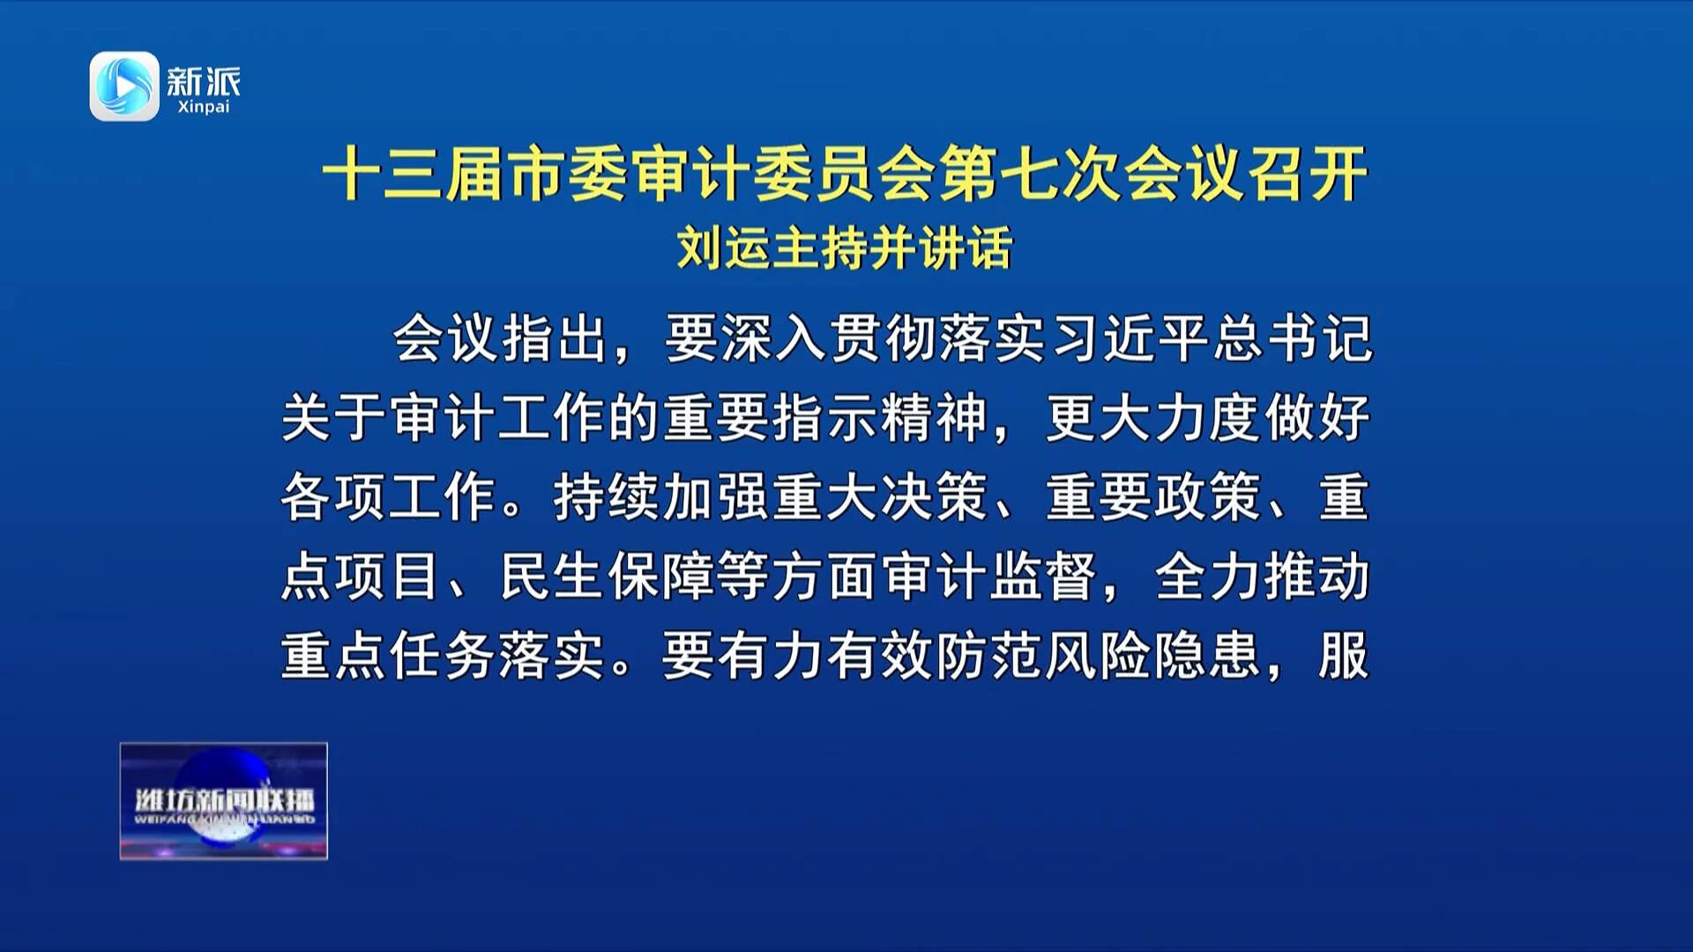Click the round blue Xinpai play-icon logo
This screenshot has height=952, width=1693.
[x=124, y=86]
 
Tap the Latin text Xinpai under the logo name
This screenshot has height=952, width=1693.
[x=204, y=108]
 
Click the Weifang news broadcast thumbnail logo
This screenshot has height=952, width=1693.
[x=224, y=800]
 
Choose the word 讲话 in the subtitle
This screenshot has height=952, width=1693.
[x=966, y=248]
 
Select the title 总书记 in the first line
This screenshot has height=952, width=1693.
[x=1293, y=338]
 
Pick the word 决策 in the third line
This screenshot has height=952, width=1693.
[x=935, y=497]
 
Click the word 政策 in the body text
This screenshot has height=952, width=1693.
[x=1208, y=497]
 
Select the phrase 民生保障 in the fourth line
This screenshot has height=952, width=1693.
[x=608, y=576]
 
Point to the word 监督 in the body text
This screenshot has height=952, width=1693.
[x=1043, y=576]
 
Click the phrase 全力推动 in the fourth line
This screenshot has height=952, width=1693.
[x=1263, y=576]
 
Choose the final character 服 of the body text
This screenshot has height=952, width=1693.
[x=1344, y=656]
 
